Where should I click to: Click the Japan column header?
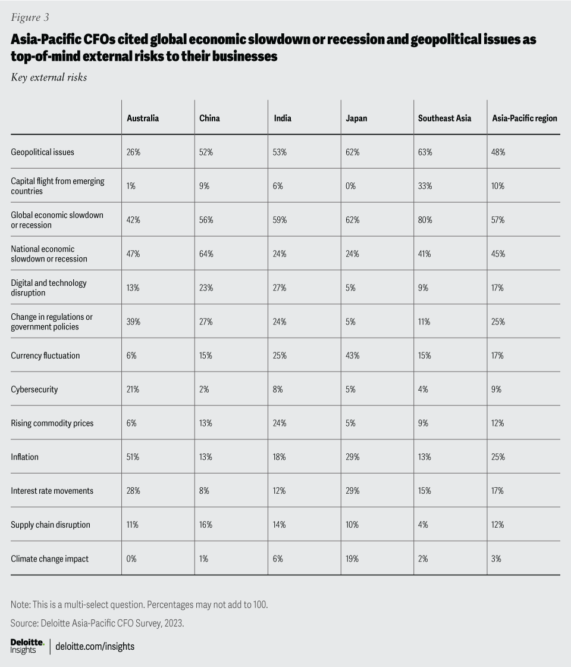click(356, 118)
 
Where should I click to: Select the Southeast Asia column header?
click(444, 118)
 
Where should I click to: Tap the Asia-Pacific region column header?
click(525, 118)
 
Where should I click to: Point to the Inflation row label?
click(24, 457)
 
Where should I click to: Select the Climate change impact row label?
click(50, 559)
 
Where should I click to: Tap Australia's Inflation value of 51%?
click(133, 457)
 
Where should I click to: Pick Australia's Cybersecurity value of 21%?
click(133, 389)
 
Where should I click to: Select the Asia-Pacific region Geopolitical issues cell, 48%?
click(498, 152)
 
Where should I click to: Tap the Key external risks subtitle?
click(49, 77)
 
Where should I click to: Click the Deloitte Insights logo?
click(27, 646)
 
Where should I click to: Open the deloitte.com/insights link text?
click(95, 646)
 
